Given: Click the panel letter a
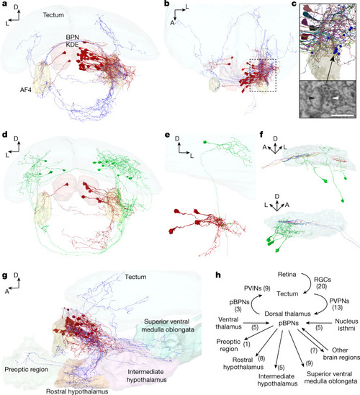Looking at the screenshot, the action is pos(4,4).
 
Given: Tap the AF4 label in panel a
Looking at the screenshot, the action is pos(26,89).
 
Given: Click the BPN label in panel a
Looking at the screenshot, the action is pos(73,37).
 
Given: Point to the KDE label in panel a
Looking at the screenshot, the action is pos(73,45).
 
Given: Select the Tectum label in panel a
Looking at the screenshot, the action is pos(53,15).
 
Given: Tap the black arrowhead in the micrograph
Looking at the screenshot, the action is pos(312,99).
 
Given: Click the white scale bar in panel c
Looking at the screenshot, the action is pos(343,115).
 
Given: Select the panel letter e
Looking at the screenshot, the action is pos(167,135).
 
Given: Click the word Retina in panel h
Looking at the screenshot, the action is pos(287,274).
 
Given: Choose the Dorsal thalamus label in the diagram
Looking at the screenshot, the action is pos(287,314).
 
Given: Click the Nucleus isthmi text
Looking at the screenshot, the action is pos(346,324).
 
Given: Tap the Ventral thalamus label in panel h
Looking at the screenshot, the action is pos(228,323).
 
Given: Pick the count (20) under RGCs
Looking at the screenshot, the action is pos(322,286).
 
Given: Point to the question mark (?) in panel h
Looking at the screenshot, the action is pos(314,350).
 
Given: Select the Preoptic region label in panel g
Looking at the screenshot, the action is pos(27,370).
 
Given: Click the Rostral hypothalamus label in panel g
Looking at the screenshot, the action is pos(77,391).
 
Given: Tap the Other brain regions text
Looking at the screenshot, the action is pos(341,354).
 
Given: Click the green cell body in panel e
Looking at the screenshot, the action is pos(205,142).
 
